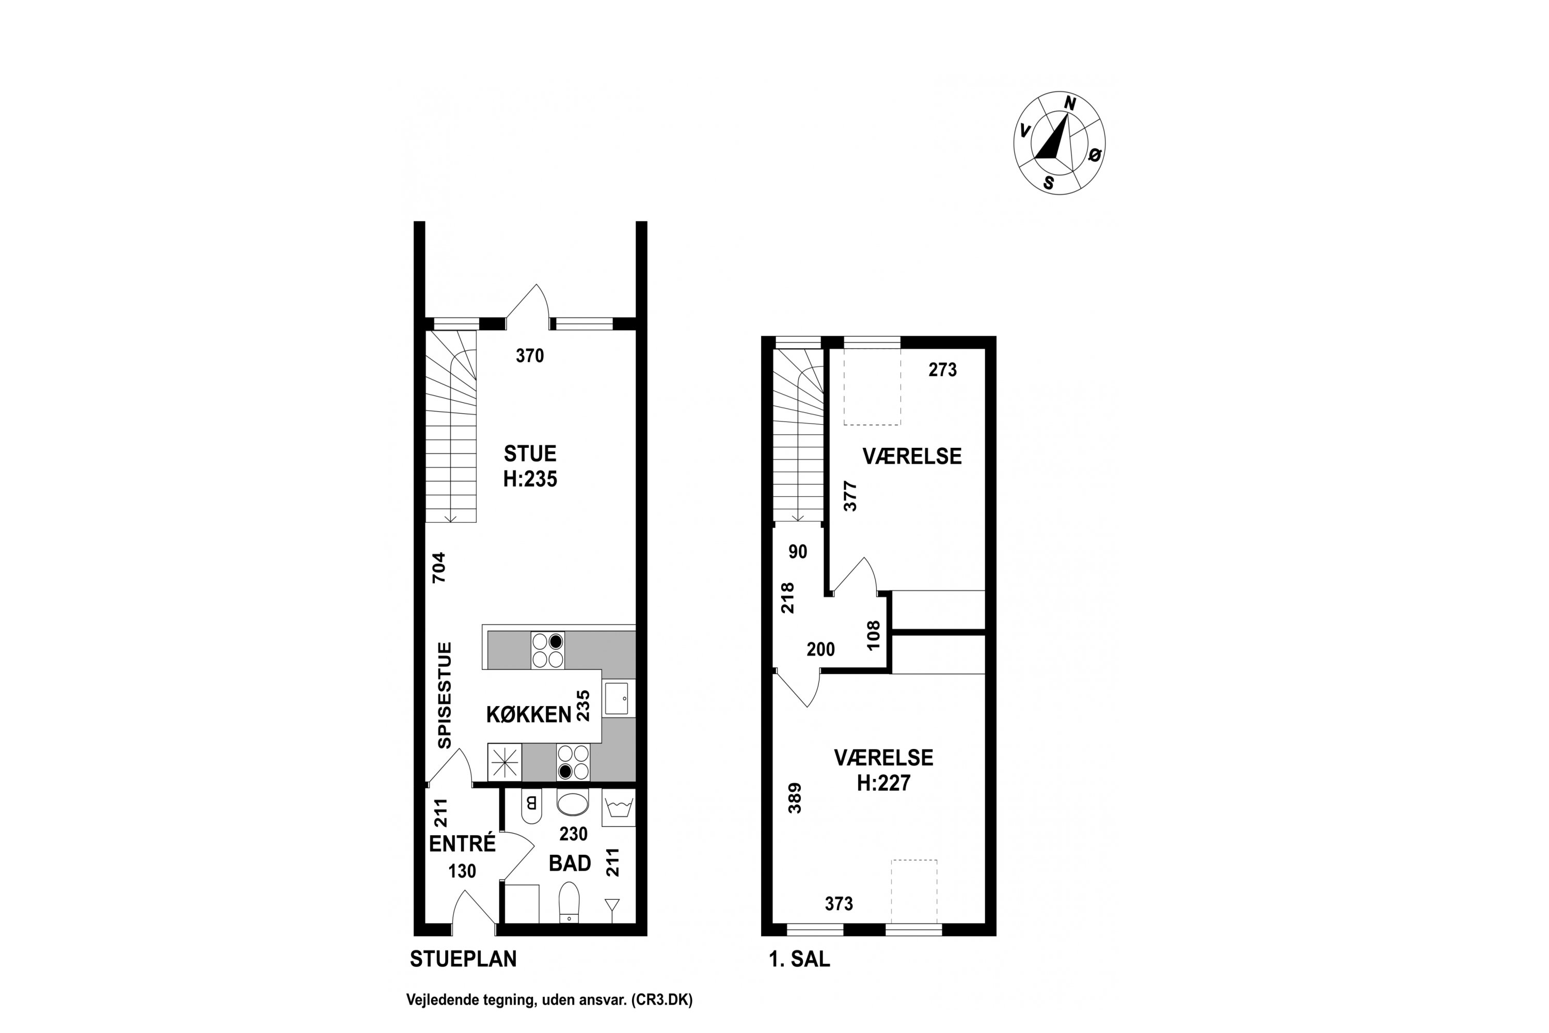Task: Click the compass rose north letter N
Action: coord(1070,103)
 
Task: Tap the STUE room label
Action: coord(530,453)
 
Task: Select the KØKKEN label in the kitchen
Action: coord(529,715)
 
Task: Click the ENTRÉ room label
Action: coord(462,843)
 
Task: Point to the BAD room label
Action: coord(571,863)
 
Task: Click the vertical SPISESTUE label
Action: coord(445,696)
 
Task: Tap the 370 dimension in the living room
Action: coord(530,356)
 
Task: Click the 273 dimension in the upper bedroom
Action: coord(942,370)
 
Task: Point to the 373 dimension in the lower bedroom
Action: coord(839,904)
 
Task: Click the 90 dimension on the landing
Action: coord(798,552)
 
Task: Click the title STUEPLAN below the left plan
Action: coord(464,959)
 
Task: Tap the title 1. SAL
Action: coord(799,959)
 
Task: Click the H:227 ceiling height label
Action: coord(884,782)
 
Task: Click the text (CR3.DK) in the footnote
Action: coord(662,1000)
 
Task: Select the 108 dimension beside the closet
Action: coord(873,636)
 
